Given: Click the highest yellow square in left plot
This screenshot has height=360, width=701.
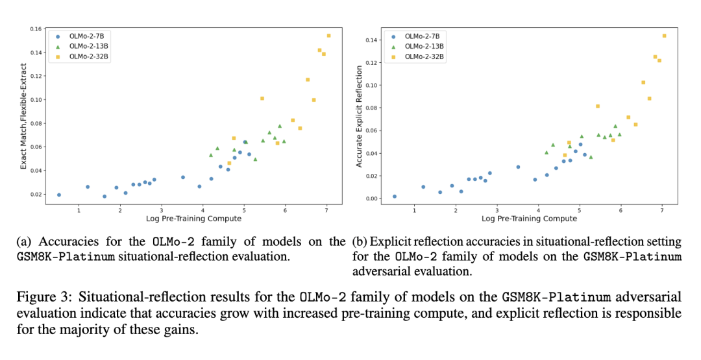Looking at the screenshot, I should click(x=328, y=36).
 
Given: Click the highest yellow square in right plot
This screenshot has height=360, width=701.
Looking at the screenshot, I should click(x=664, y=36).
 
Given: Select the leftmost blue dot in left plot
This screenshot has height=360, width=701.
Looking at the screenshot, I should click(x=59, y=195).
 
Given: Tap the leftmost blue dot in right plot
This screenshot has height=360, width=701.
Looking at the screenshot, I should click(x=395, y=196).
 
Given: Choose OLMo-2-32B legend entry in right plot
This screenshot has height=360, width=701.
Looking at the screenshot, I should click(x=424, y=57).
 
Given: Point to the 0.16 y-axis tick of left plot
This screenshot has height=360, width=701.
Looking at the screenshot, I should click(x=35, y=29).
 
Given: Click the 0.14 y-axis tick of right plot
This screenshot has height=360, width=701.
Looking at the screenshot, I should click(x=370, y=40).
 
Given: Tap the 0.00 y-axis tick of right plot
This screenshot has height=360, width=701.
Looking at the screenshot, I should click(x=370, y=198).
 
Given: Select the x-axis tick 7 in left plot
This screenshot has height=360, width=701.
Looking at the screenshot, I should click(x=327, y=210).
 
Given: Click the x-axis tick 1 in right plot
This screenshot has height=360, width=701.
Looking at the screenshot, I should click(x=415, y=210).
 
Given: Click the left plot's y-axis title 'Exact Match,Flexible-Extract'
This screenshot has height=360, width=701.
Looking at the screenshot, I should click(x=23, y=116).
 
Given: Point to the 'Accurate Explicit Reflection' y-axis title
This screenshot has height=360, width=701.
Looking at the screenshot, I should click(x=359, y=116).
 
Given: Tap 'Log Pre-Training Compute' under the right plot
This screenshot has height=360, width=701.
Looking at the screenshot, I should click(x=529, y=219).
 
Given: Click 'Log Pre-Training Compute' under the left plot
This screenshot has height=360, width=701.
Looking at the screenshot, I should click(x=193, y=219).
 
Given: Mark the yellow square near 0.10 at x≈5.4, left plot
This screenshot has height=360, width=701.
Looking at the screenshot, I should click(x=262, y=99).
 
